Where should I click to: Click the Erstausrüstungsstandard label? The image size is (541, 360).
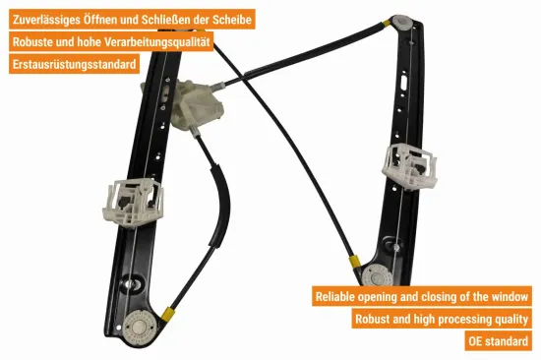pos(75,65)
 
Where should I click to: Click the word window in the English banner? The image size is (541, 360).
pos(508,296)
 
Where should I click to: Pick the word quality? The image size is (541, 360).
pos(509,319)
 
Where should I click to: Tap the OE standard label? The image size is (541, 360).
pos(499,341)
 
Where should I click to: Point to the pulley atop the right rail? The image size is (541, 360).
pos(402,21)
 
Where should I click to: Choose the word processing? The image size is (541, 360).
pos(453,319)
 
